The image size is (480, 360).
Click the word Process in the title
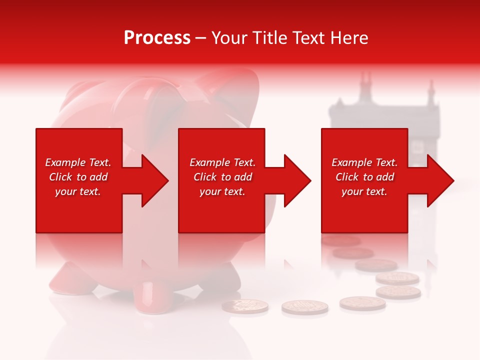(157, 38)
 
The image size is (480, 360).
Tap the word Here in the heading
(349, 38)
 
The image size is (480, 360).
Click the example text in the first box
(78, 177)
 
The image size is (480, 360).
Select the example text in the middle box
(222, 177)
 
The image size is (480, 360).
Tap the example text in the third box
(364, 177)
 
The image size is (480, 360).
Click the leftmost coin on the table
(245, 306)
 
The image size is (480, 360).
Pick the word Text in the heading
(309, 38)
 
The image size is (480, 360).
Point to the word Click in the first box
(60, 177)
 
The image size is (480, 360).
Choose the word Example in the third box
(350, 162)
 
